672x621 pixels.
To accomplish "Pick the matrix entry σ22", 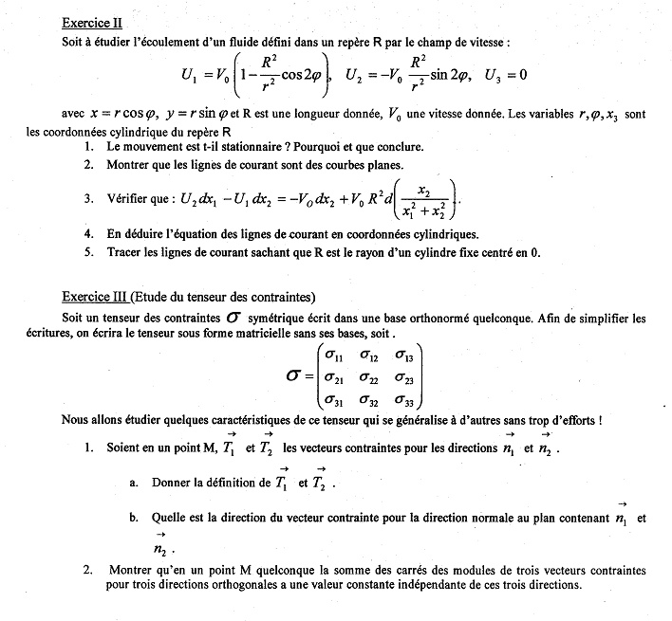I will click(369, 378).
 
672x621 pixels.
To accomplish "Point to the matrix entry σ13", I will click(404, 356).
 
